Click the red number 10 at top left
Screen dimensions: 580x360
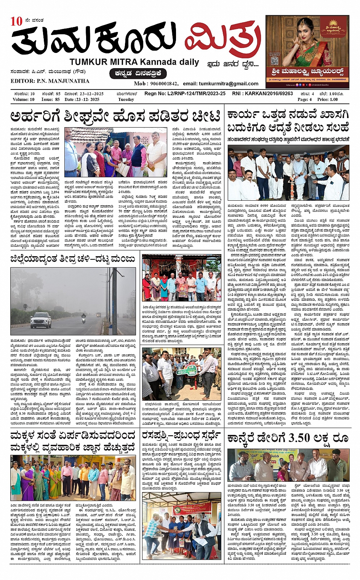click(x=17, y=21)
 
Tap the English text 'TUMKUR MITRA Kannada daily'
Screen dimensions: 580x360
click(x=134, y=62)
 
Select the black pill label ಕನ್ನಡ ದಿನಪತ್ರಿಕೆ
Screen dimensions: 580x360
click(x=138, y=73)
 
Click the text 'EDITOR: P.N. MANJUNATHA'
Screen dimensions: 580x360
click(x=50, y=81)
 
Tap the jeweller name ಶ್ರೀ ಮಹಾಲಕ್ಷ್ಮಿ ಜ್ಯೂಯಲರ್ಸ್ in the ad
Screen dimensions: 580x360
click(x=308, y=72)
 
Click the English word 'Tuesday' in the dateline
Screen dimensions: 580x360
click(x=126, y=99)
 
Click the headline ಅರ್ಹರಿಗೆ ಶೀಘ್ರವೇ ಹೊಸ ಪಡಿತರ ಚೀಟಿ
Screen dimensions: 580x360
click(x=115, y=116)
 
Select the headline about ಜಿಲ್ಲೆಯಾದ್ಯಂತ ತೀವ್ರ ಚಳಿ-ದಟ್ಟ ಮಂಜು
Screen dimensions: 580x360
click(x=73, y=259)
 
